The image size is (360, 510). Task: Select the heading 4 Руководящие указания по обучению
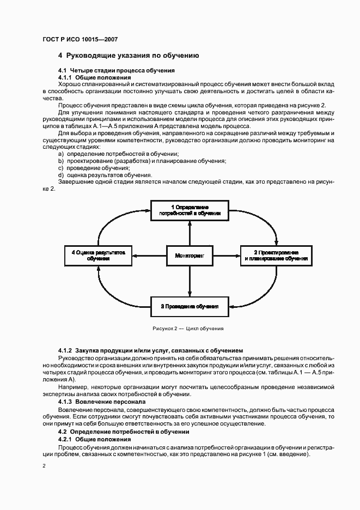click(x=128, y=56)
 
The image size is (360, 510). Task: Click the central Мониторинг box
click(x=190, y=255)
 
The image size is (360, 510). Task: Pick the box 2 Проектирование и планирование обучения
click(x=276, y=255)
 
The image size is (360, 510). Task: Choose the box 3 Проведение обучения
click(x=190, y=306)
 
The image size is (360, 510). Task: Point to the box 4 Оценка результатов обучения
click(x=99, y=255)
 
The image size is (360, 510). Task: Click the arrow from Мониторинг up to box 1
click(x=190, y=233)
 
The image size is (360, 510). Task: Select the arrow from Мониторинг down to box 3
click(x=190, y=280)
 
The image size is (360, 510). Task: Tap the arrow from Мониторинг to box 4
click(x=149, y=255)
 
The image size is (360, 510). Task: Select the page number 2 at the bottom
click(x=44, y=466)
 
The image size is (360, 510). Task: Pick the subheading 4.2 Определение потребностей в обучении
click(x=124, y=432)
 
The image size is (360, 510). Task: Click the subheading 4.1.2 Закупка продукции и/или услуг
click(x=150, y=350)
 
